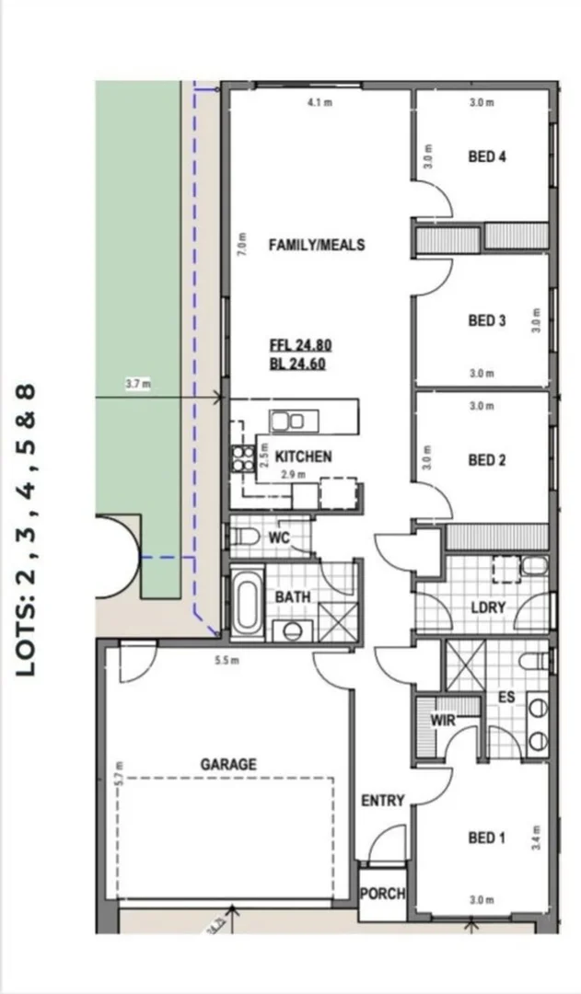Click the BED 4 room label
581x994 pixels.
pyautogui.click(x=487, y=156)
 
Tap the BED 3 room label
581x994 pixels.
pyautogui.click(x=487, y=321)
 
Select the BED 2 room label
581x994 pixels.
pyautogui.click(x=487, y=460)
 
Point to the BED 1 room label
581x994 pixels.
pyautogui.click(x=487, y=838)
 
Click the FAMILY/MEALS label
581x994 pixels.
pyautogui.click(x=316, y=245)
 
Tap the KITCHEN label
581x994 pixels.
pyautogui.click(x=303, y=457)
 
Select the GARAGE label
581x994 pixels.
pyautogui.click(x=228, y=764)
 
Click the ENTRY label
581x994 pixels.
pyautogui.click(x=382, y=801)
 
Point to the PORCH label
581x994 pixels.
pyautogui.click(x=382, y=894)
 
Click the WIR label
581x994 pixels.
pyautogui.click(x=444, y=720)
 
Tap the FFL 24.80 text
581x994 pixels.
pyautogui.click(x=300, y=346)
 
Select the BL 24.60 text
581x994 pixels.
pyautogui.click(x=297, y=364)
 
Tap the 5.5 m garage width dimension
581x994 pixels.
pyautogui.click(x=227, y=661)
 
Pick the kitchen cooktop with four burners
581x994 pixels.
pyautogui.click(x=243, y=457)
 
